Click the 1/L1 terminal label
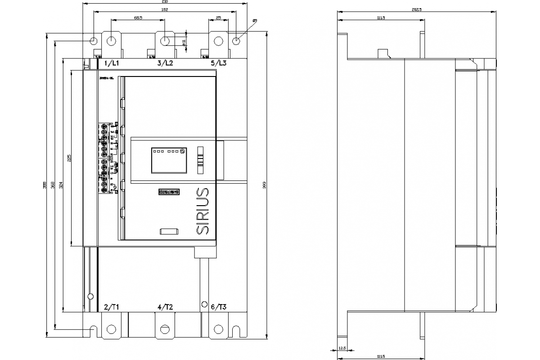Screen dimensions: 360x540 [112, 63]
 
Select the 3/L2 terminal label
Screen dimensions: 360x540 [165, 63]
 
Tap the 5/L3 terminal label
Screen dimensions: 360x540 [219, 63]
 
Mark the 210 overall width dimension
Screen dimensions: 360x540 [165, 2]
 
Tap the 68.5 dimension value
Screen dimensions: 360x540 [138, 18]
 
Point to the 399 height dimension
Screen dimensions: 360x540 [265, 186]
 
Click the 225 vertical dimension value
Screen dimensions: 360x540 [69, 158]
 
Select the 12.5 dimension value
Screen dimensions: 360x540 [343, 348]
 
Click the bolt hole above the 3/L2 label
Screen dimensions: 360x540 [165, 41]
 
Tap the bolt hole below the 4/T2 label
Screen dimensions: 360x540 [165, 329]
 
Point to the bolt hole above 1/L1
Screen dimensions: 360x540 [112, 41]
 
